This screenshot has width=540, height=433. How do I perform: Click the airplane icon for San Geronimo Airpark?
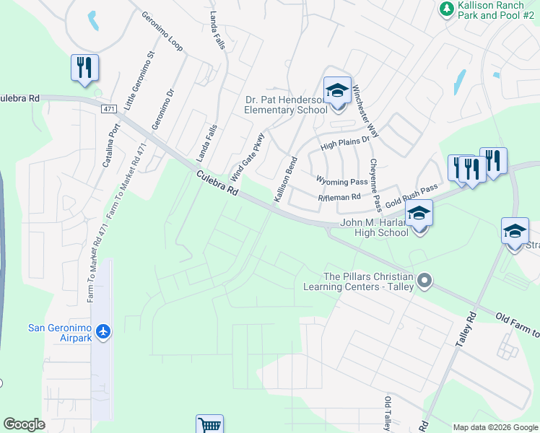[103, 331]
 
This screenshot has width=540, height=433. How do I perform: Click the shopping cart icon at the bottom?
[209, 425]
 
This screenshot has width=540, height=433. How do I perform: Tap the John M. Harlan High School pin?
[419, 213]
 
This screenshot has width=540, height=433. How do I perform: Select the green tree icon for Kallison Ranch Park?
[446, 9]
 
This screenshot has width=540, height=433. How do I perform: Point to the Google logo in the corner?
[24, 424]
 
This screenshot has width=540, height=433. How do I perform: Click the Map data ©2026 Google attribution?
[495, 427]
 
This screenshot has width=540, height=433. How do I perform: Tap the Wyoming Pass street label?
[341, 181]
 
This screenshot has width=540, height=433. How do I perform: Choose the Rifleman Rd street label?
[339, 197]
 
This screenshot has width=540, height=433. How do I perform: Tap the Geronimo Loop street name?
[162, 32]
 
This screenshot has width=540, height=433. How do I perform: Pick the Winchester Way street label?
[365, 112]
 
